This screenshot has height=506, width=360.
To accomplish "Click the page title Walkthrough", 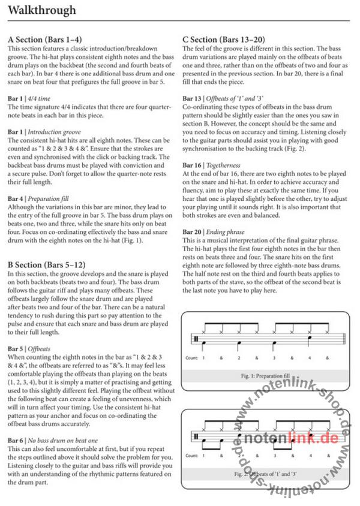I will (x=41, y=10).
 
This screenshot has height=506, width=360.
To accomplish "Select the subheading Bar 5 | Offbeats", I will (x=29, y=348).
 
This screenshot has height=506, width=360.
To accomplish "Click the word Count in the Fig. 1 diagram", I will (x=192, y=357).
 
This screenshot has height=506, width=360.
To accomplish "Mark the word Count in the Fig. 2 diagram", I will (x=192, y=456).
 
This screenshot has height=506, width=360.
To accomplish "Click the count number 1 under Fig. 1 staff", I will (x=203, y=357).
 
